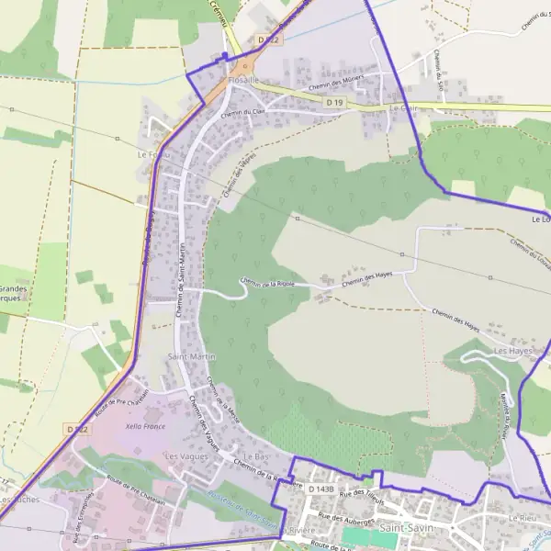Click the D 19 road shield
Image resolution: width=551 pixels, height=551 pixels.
click(334, 103)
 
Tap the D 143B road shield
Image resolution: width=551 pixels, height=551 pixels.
click(322, 489)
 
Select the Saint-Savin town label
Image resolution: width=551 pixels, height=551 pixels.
click(406, 529)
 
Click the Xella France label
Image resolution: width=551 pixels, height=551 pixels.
click(145, 427)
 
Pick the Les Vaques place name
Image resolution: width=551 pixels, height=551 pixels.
click(182, 455)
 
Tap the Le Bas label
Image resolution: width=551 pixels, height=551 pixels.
click(257, 456)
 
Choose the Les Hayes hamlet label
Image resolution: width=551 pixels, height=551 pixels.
click(513, 351)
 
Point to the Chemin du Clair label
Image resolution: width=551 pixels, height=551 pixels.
click(242, 114)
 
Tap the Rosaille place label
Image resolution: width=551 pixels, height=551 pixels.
click(244, 80)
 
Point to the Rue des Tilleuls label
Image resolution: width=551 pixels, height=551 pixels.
click(361, 497)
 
